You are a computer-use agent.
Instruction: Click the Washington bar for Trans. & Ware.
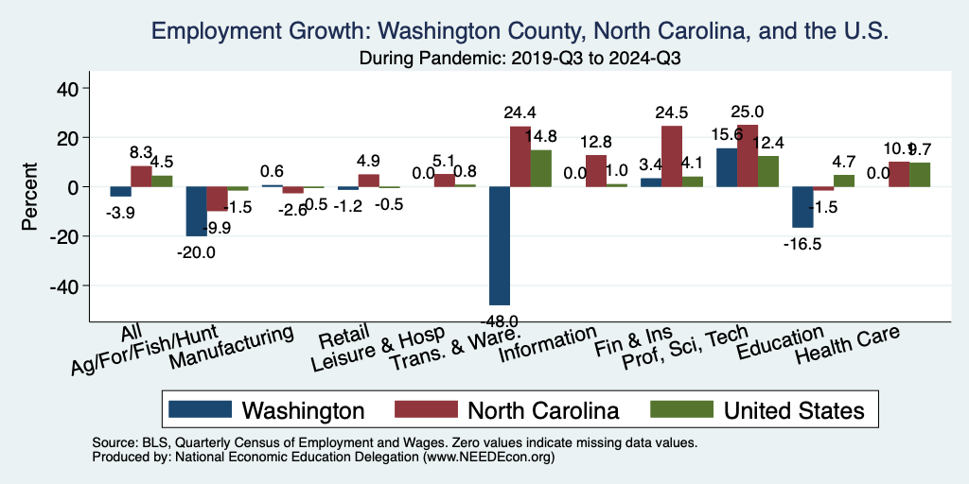pyautogui.click(x=499, y=245)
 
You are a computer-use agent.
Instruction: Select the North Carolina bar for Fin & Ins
pyautogui.click(x=671, y=156)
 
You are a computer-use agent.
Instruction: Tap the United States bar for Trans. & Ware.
pyautogui.click(x=541, y=168)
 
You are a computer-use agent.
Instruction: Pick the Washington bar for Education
pyautogui.click(x=802, y=207)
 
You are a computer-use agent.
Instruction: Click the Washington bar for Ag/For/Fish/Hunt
pyautogui.click(x=196, y=211)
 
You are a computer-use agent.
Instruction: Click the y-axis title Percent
pyautogui.click(x=30, y=187)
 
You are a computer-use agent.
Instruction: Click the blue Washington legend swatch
pyautogui.click(x=200, y=409)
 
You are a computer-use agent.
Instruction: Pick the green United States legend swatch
pyautogui.click(x=680, y=409)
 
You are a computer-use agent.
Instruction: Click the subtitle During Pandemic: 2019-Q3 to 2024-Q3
pyautogui.click(x=520, y=58)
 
